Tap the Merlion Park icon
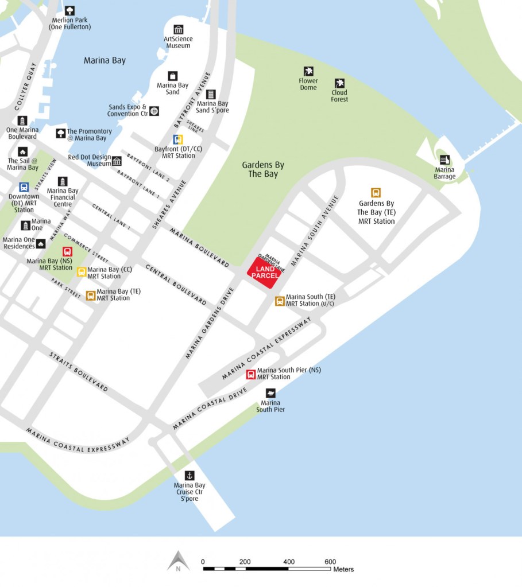coord(69,10)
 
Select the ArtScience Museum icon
coord(178,29)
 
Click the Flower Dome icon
coord(308,71)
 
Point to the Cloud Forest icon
coord(339,83)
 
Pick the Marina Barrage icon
coord(444,160)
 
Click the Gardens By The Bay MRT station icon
coord(376,193)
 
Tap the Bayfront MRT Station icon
coord(179,139)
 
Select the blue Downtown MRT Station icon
coord(24,187)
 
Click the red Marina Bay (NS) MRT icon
coord(67,251)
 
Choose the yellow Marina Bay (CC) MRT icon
coord(82,272)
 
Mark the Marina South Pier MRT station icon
coord(250,375)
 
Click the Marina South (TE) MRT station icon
coord(280,301)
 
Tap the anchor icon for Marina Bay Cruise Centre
coord(189,475)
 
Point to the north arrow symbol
coord(179,561)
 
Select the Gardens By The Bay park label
coord(263,169)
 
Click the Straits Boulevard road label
coord(79,372)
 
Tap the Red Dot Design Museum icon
coord(117,161)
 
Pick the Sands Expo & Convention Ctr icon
coord(154,110)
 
